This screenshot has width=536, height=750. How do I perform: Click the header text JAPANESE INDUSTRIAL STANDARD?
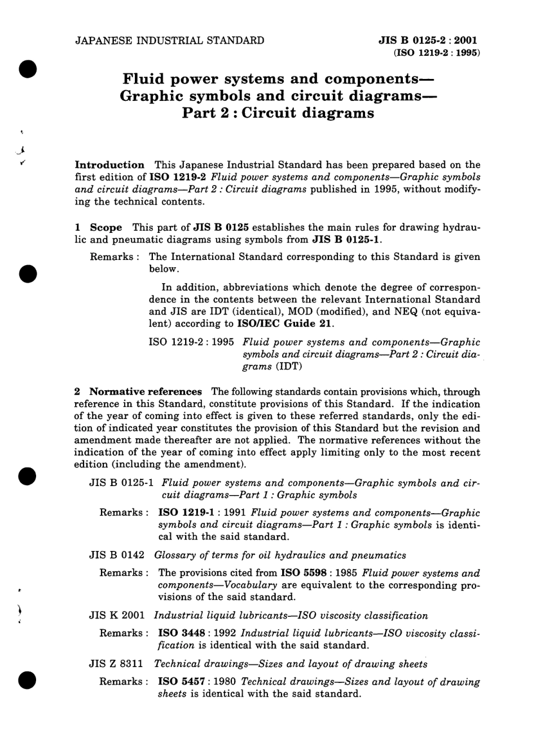coord(169,41)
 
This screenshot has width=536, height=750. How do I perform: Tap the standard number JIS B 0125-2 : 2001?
coord(428,41)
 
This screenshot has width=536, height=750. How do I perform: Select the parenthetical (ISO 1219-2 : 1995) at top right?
coord(432,54)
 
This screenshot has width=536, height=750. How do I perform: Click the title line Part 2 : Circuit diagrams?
coord(278,113)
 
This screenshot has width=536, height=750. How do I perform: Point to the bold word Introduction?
coord(109,165)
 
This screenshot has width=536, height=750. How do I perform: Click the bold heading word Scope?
coord(106,228)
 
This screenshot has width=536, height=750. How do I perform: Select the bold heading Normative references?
coord(145,392)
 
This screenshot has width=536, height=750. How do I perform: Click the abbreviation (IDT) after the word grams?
coord(289,367)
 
